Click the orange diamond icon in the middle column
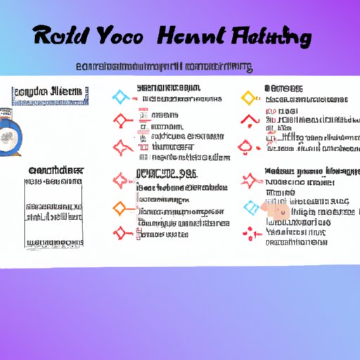click(120, 207)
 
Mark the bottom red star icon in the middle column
click(120, 231)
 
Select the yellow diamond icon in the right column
click(247, 96)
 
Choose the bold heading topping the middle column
click(166, 88)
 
